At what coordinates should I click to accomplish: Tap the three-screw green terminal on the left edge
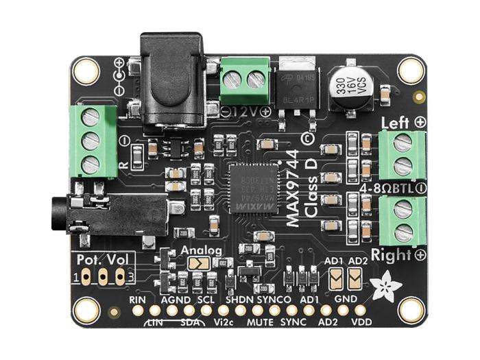[x=90, y=141]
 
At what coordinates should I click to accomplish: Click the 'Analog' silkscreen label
[x=200, y=250]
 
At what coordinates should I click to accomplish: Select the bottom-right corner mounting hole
[x=411, y=310]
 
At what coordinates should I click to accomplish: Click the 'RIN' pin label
[x=138, y=300]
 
